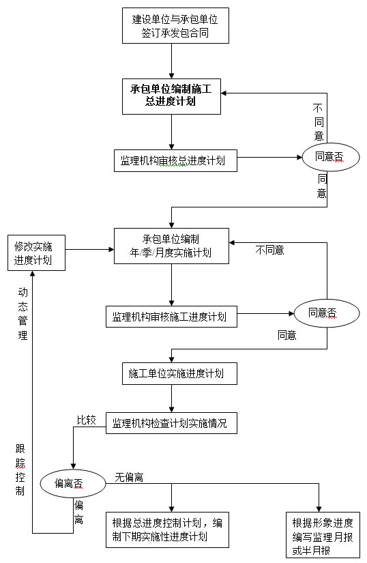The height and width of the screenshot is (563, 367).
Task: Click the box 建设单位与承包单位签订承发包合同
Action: [x=175, y=26]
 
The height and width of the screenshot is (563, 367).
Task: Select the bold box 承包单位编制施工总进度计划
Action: [x=171, y=97]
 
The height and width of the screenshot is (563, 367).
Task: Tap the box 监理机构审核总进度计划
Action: [x=175, y=160]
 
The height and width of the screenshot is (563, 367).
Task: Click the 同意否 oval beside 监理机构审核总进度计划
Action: [x=331, y=157]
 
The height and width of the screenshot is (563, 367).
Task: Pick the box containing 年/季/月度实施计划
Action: [x=171, y=246]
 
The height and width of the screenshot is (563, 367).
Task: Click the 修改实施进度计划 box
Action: [x=36, y=252]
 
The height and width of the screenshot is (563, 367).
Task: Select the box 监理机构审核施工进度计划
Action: [x=171, y=317]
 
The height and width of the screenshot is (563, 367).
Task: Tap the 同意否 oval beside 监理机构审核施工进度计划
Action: [x=327, y=313]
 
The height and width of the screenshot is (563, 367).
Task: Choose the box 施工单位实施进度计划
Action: [x=179, y=373]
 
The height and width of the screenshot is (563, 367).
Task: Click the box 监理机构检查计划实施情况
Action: [x=171, y=423]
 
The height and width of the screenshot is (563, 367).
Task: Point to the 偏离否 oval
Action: [x=73, y=483]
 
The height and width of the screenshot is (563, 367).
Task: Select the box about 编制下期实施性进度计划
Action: [x=168, y=530]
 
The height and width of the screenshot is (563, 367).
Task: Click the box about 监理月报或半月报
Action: [x=323, y=535]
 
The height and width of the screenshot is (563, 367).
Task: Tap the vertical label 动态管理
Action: [x=23, y=313]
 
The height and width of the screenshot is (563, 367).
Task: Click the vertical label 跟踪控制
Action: [x=20, y=470]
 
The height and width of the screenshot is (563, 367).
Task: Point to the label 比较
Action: [x=87, y=420]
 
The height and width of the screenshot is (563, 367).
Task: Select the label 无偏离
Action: [x=129, y=477]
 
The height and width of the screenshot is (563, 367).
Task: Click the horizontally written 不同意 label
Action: [x=269, y=250]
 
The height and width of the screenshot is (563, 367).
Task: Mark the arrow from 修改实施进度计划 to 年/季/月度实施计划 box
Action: [x=89, y=249]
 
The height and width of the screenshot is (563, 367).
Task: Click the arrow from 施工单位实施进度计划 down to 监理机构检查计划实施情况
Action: [x=171, y=398]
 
